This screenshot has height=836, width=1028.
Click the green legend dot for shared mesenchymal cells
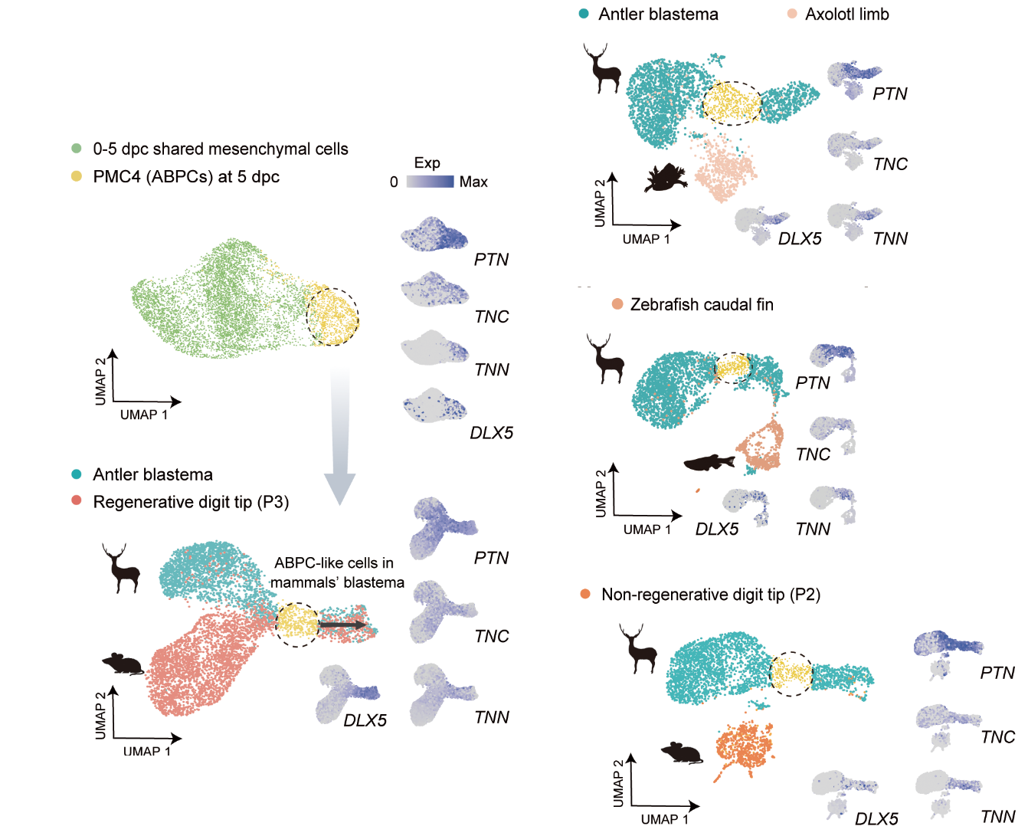(x=77, y=149)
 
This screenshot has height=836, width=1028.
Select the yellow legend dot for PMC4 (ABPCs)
(x=77, y=176)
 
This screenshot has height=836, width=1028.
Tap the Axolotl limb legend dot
(x=792, y=14)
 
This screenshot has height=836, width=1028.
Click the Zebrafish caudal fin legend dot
(x=617, y=304)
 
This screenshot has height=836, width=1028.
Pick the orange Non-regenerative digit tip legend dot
(x=586, y=594)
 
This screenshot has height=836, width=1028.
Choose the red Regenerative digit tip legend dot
(x=77, y=501)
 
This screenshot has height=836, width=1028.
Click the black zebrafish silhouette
(x=709, y=463)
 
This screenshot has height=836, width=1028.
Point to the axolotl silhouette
(x=666, y=177)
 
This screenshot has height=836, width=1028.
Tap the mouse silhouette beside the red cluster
(x=123, y=664)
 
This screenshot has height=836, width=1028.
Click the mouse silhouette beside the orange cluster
(x=682, y=752)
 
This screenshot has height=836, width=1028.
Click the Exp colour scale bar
(x=430, y=182)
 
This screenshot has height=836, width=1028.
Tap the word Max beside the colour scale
(x=473, y=182)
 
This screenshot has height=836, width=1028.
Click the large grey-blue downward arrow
(x=339, y=437)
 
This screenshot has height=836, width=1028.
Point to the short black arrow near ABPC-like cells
(x=342, y=625)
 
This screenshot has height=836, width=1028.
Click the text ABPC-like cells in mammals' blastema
(x=336, y=572)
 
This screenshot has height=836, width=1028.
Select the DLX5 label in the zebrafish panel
(x=717, y=529)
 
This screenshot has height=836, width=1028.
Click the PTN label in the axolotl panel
(x=890, y=93)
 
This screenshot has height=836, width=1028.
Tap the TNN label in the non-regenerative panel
(x=997, y=816)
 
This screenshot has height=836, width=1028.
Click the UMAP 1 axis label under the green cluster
(x=143, y=415)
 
